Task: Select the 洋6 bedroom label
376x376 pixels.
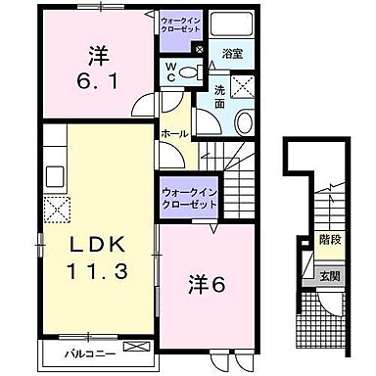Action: click(209, 285)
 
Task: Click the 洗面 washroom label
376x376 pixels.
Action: click(219, 96)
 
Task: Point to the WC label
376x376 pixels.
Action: click(171, 72)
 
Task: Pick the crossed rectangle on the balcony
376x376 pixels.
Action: click(137, 346)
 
